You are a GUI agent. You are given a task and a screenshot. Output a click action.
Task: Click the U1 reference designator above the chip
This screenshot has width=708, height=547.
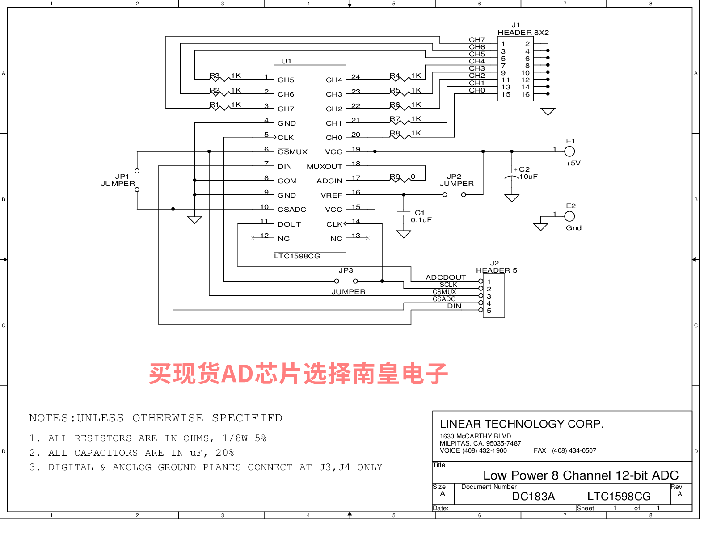coord(286,61)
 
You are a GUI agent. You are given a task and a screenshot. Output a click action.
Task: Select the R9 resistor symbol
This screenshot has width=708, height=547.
coord(401,180)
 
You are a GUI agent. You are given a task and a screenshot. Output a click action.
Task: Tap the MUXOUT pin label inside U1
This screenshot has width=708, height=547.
coord(324,167)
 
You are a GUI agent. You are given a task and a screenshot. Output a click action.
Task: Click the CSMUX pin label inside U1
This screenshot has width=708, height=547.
coord(292,152)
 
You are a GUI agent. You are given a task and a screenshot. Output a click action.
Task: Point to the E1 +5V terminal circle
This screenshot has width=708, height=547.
coord(569,151)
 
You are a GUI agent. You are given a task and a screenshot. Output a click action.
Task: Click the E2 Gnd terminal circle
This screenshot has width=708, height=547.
coord(569,216)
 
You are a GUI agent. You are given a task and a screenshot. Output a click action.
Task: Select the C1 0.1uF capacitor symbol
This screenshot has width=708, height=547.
coord(404,213)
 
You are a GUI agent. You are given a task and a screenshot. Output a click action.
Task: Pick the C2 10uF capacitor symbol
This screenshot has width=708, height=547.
coord(512,175)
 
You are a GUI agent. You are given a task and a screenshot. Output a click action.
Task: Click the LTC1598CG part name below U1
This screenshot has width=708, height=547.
coord(297,256)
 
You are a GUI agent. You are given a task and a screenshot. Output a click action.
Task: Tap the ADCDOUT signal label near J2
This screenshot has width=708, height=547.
coord(446,278)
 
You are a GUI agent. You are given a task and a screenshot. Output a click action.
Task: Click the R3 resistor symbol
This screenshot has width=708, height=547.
coord(220,79)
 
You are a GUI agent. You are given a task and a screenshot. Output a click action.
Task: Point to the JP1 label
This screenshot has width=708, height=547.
coord(122,177)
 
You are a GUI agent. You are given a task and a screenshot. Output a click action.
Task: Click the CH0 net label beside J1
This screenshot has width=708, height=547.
coord(476,90)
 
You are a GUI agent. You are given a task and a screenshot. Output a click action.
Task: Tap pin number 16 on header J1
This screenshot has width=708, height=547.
coord(525,94)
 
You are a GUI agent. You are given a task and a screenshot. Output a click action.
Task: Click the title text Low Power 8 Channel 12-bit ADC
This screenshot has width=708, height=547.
coord(581,475)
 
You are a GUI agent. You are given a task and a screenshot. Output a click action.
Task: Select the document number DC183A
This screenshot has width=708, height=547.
coord(533,497)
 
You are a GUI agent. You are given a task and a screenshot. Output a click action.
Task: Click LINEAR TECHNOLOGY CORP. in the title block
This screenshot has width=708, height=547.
coord(522,424)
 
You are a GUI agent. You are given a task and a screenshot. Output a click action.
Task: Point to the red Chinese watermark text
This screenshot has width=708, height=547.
coord(298,374)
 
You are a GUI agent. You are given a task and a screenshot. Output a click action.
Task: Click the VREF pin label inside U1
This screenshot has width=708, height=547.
coord(331,195)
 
